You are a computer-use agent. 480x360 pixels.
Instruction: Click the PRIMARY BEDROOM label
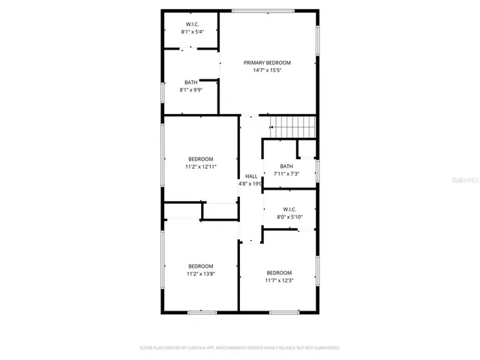[x=267, y=62]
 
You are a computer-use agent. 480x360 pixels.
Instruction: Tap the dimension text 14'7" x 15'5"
[x=267, y=70]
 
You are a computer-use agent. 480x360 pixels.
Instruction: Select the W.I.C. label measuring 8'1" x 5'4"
[x=192, y=25]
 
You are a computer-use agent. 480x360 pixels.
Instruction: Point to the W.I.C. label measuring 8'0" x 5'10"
[x=289, y=209]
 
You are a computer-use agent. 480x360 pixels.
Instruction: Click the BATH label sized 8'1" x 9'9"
[x=192, y=82]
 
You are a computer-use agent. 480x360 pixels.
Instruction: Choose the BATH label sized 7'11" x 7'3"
[x=286, y=166]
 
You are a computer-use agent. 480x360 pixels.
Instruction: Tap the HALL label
[x=250, y=176]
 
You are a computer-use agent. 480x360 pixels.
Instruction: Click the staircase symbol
[x=292, y=127]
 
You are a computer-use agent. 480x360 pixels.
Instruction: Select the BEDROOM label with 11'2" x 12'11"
[x=201, y=158]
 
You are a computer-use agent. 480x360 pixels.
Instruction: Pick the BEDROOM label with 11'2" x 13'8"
[x=201, y=266]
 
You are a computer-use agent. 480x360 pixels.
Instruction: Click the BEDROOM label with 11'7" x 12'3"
[x=279, y=272]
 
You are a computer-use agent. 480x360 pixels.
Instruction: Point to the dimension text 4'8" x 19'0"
[x=250, y=184]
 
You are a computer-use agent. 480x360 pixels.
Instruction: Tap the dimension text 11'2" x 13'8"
[x=201, y=274]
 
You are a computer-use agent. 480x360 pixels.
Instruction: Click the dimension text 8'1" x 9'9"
[x=192, y=90]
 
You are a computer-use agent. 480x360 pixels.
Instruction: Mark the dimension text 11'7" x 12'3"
[x=279, y=280]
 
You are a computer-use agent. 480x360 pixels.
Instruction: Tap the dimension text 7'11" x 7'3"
[x=286, y=174]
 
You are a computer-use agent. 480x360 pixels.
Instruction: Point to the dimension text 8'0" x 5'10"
[x=289, y=217]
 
